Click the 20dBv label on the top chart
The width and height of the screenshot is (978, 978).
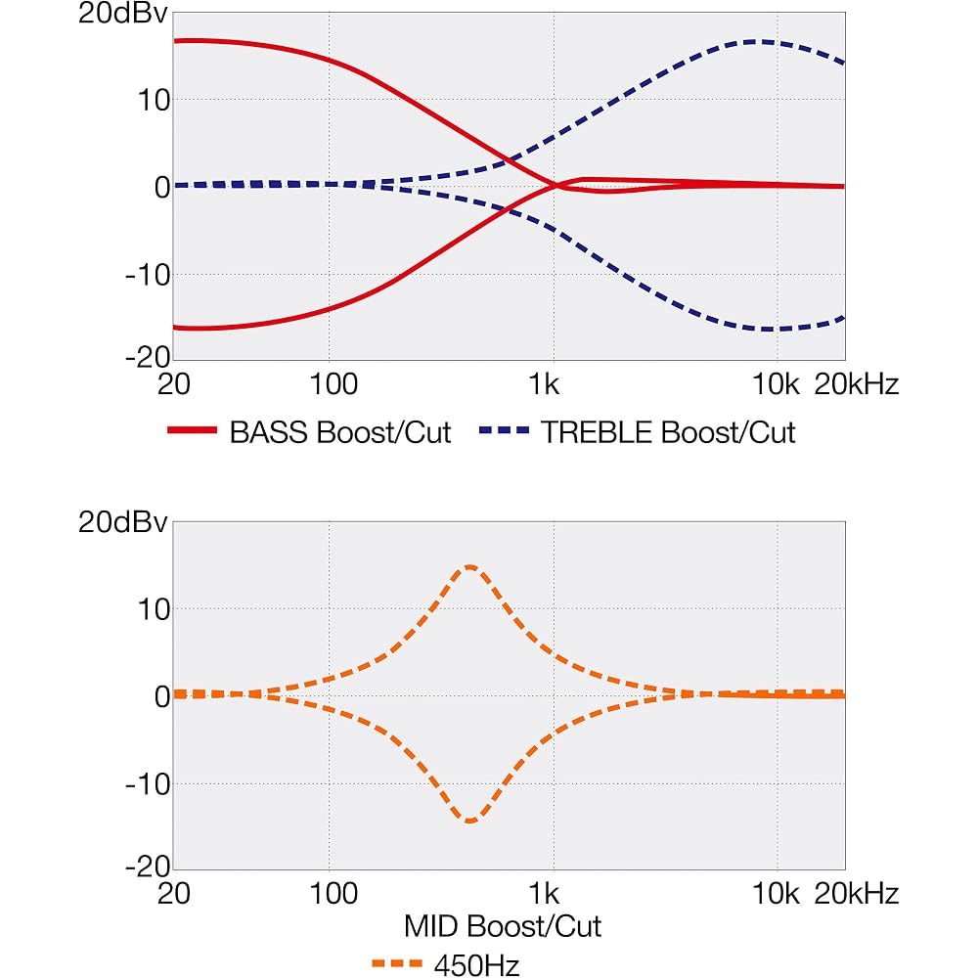[123, 14]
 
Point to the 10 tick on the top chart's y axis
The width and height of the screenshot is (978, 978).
[154, 100]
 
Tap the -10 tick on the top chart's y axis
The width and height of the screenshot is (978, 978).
[148, 275]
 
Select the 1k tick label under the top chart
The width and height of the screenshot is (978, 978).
[544, 384]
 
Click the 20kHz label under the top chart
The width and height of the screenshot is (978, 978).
[857, 384]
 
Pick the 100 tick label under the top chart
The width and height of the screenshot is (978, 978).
[333, 384]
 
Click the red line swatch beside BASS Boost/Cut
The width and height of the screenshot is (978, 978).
[192, 430]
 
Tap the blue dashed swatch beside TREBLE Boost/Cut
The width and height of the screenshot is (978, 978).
[504, 430]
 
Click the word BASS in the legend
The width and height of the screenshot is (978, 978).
[270, 432]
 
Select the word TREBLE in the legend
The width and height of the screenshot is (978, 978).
[597, 432]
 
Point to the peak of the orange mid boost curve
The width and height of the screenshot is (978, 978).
[470, 567]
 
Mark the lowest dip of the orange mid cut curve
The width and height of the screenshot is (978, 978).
[470, 821]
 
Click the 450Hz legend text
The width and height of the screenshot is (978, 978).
[476, 965]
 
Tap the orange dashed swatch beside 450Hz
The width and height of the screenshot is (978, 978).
[397, 964]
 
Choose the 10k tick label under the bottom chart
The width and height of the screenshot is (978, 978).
[776, 894]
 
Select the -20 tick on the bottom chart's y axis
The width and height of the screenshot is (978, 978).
[148, 867]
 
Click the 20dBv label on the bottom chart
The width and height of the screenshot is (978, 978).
[123, 522]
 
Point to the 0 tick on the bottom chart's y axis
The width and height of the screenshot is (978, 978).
[162, 696]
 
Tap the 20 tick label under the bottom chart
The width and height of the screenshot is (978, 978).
[173, 894]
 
